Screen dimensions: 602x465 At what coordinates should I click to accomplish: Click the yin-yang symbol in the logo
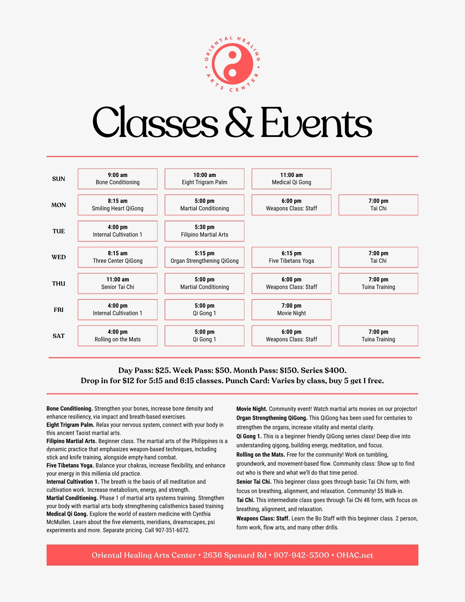(x=232, y=64)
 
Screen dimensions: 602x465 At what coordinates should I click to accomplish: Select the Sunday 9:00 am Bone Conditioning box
(x=117, y=179)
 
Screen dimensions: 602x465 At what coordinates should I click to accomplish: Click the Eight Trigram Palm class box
(x=204, y=179)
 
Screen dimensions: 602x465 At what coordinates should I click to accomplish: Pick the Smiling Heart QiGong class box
(x=117, y=205)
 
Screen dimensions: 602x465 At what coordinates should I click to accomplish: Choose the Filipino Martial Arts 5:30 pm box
(x=204, y=231)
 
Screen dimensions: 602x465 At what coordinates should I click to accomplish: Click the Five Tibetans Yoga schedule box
(x=291, y=257)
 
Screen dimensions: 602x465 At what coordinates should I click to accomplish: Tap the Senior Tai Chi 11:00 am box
(x=117, y=284)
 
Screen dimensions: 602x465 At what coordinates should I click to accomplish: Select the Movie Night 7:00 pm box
(x=291, y=310)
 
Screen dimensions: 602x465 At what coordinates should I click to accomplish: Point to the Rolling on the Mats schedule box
(x=117, y=336)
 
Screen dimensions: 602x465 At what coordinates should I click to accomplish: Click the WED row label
(x=58, y=257)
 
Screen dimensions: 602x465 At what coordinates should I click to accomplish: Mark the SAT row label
(x=58, y=336)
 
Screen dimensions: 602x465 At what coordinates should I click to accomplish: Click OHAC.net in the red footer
(x=355, y=555)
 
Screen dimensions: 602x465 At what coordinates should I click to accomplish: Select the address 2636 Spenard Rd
(x=234, y=555)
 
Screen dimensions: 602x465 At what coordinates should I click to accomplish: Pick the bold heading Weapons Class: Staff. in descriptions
(x=263, y=519)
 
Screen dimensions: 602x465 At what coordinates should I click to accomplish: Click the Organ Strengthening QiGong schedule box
(x=204, y=257)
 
